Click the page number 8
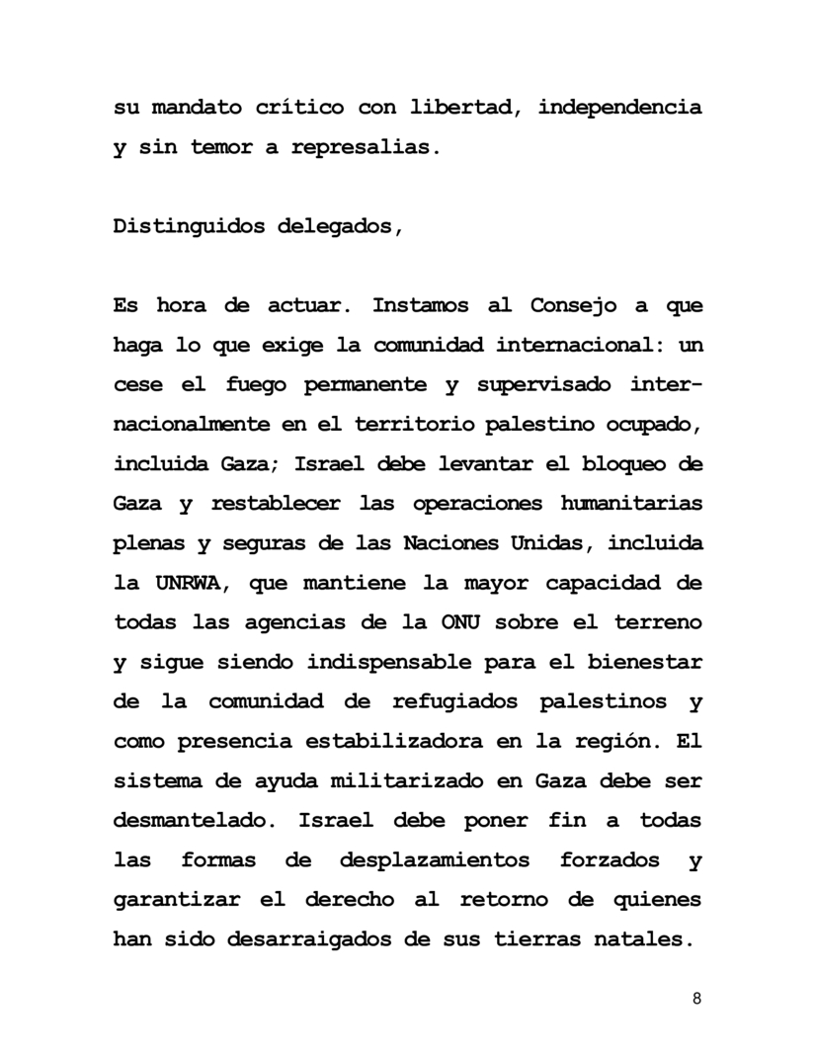(x=697, y=998)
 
